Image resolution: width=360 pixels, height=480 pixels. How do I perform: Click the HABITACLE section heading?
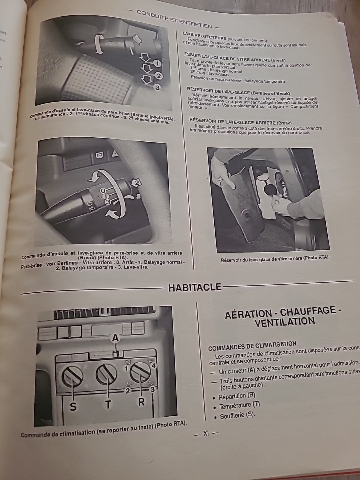click(195, 287)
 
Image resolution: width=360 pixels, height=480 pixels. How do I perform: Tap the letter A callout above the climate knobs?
click(115, 338)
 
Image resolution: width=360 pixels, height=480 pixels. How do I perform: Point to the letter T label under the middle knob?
click(108, 404)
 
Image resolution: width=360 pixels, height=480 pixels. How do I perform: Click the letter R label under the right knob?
click(141, 402)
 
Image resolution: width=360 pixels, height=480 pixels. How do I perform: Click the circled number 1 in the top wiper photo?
click(157, 63)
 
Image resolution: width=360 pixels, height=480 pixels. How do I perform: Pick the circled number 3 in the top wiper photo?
click(157, 88)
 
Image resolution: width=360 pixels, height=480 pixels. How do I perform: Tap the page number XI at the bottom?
click(206, 434)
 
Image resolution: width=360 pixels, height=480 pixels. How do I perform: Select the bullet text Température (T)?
click(239, 406)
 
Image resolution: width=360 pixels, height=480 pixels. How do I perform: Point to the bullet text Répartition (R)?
click(237, 396)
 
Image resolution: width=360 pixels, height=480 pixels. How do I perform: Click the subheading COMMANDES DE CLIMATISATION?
click(252, 345)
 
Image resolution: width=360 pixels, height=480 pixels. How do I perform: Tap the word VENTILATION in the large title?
click(284, 322)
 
